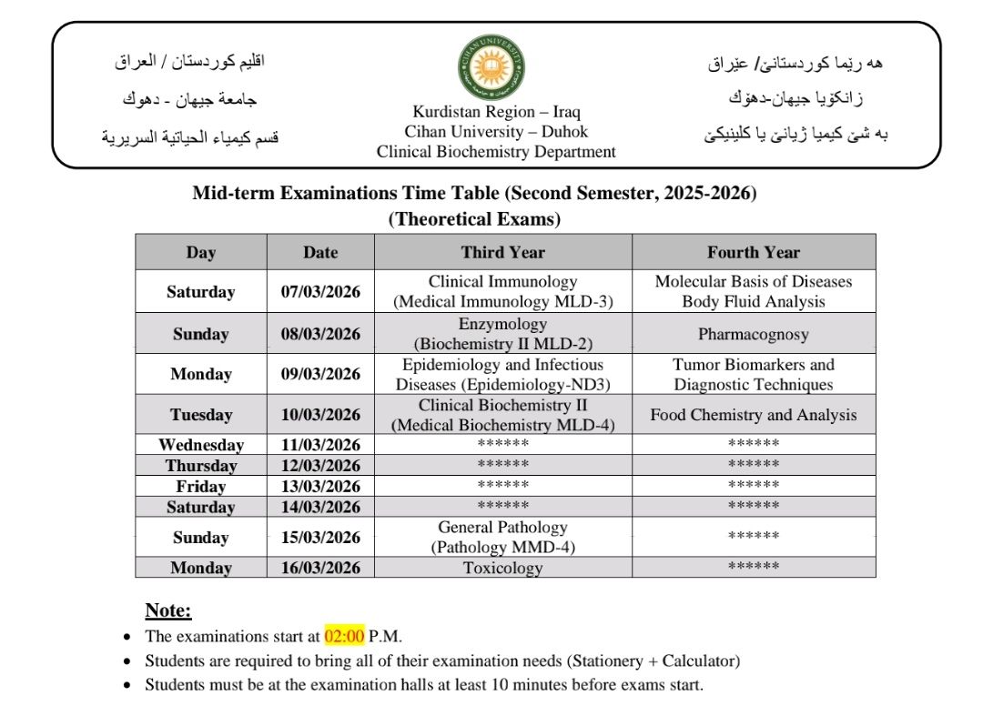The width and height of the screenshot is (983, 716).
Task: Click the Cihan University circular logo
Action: point(491,72)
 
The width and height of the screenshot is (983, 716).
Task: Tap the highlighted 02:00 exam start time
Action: point(344,635)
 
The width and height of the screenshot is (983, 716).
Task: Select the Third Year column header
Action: point(502,252)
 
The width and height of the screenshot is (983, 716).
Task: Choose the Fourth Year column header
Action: point(754,252)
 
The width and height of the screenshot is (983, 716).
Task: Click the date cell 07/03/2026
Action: point(320,292)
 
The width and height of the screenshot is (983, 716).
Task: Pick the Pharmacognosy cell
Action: point(754,334)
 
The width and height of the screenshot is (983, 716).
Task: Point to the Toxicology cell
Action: point(502,568)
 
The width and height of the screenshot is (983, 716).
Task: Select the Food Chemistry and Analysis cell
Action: point(754,415)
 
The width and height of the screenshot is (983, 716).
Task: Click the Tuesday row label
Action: point(201,415)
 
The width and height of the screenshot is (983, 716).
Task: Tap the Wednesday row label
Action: point(201,445)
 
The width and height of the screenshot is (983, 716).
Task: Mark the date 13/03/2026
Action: point(320,486)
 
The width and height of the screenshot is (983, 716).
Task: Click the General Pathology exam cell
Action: point(502,537)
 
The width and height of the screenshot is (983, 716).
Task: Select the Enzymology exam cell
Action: point(502,334)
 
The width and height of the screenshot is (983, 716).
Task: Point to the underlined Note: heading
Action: point(168,610)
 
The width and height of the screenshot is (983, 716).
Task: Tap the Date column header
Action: point(320,252)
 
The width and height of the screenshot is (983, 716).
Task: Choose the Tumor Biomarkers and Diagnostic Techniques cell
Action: point(754,374)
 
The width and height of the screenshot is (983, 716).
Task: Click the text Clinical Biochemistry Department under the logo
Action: point(496,152)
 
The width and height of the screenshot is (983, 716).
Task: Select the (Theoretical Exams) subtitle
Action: point(474,218)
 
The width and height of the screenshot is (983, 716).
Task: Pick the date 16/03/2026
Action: point(320,568)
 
